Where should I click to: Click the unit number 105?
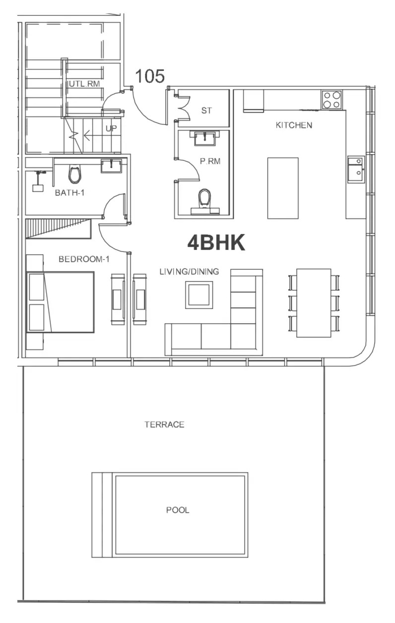tap(150, 76)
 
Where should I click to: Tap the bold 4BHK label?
tap(216, 243)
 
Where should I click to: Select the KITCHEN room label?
tap(294, 125)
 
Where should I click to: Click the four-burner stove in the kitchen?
tap(332, 100)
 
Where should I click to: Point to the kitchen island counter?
tap(283, 188)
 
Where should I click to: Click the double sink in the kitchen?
tap(355, 169)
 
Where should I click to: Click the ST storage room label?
tap(206, 111)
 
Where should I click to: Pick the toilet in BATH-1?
tap(74, 174)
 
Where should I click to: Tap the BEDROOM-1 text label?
tap(83, 259)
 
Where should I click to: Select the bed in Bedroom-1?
tap(61, 302)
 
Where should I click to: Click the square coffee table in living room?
tap(199, 295)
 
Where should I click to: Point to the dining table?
tap(314, 303)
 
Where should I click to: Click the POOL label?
tap(178, 510)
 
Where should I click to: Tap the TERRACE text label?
tap(164, 425)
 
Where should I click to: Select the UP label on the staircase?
tap(111, 129)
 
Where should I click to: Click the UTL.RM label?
tap(83, 84)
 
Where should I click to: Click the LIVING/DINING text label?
tap(189, 272)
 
